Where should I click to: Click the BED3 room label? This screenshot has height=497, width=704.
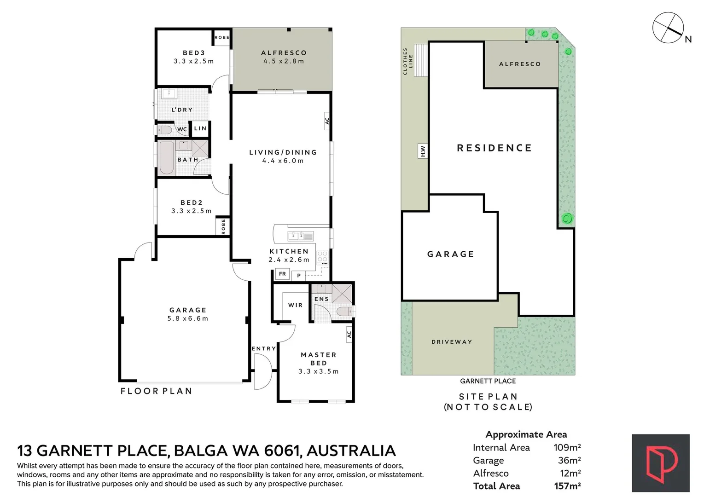[x=193, y=53]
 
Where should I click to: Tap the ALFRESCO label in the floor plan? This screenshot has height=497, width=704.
[x=284, y=53]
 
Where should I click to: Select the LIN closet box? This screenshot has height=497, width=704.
[x=200, y=128]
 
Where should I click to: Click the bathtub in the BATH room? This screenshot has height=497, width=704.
[x=166, y=158]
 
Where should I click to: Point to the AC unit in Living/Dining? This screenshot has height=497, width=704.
[x=327, y=121]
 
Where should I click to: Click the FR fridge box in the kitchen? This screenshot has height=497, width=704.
[x=282, y=274]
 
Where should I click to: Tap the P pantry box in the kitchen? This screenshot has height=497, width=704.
[x=298, y=276]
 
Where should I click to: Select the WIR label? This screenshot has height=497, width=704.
[x=296, y=305]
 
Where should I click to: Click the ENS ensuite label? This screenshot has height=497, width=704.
[x=321, y=299]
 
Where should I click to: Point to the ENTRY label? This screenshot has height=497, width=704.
[x=264, y=348]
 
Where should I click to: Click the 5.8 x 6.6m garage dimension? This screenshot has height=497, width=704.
[x=188, y=318]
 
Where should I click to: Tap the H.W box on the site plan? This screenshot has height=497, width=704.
[x=423, y=151]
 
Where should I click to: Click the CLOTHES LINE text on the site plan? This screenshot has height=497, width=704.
[x=407, y=61]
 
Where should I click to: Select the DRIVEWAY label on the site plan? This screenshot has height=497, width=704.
[x=452, y=342]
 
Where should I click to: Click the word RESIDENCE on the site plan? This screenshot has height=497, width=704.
[x=494, y=148]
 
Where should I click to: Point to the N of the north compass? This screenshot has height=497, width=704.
[x=688, y=39]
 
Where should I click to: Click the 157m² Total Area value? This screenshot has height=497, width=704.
[x=567, y=486]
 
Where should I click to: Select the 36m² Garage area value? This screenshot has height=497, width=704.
[x=570, y=460]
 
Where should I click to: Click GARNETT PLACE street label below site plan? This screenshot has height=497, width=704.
[x=488, y=381]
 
